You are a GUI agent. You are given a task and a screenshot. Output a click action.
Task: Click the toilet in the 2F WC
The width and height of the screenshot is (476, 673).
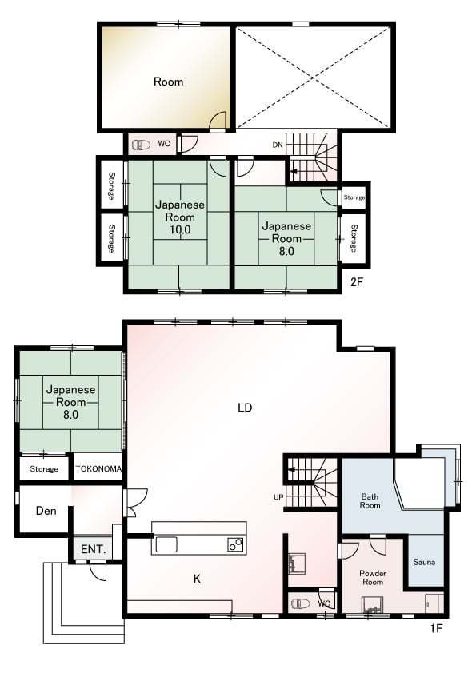click(x=141, y=145)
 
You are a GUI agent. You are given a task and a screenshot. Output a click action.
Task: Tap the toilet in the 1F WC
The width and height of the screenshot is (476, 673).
click(x=300, y=604)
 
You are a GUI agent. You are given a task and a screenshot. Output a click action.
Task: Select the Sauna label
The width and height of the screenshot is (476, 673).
click(x=424, y=562)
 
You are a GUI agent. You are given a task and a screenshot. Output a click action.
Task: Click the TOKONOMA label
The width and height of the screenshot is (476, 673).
click(x=98, y=468)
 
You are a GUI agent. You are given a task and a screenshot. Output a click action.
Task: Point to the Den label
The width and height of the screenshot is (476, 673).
click(x=46, y=511)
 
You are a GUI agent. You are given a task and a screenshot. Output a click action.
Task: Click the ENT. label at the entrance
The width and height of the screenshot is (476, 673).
click(x=94, y=549)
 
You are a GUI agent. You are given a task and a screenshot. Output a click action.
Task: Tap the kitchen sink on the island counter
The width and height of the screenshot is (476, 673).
click(x=166, y=544)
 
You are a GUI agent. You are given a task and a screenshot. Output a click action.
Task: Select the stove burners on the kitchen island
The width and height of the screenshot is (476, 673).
click(x=235, y=544)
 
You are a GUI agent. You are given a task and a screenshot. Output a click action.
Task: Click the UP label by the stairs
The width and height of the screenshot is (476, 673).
click(x=278, y=497)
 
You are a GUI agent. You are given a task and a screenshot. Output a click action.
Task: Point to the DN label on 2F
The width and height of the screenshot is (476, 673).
click(x=278, y=145)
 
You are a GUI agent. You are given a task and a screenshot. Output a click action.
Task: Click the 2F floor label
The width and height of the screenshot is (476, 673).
click(x=357, y=282)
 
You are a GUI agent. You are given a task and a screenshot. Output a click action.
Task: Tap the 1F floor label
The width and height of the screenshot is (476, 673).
click(x=436, y=628)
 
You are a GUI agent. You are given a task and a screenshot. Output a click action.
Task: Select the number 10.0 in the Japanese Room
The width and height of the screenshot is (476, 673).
click(x=180, y=229)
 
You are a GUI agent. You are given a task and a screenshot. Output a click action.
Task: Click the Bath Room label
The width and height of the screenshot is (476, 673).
click(x=370, y=501)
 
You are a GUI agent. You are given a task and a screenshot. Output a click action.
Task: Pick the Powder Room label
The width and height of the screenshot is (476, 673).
click(x=373, y=578)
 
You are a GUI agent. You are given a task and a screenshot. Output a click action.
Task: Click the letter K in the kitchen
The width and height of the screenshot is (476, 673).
click(x=197, y=579)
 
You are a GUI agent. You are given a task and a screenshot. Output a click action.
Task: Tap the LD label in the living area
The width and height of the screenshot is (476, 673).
click(x=245, y=408)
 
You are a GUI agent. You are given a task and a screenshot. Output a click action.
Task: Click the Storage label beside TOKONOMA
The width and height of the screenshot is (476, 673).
click(x=44, y=469)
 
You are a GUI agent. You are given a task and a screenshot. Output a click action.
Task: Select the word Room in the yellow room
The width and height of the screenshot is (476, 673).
click(x=169, y=82)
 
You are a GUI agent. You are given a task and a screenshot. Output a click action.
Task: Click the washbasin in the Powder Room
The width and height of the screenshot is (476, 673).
click(x=372, y=605)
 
